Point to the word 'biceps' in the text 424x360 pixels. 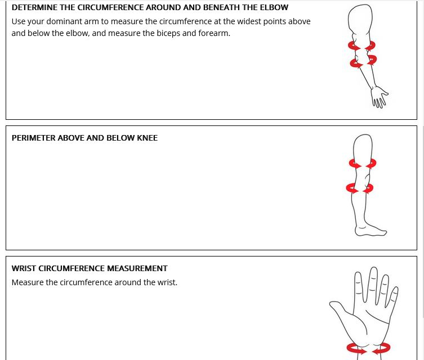[x=168, y=33]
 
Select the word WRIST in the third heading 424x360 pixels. [x=24, y=268]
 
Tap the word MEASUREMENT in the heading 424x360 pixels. [x=137, y=268]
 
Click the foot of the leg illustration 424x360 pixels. [x=371, y=230]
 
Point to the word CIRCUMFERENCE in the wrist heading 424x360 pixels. [x=72, y=268]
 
